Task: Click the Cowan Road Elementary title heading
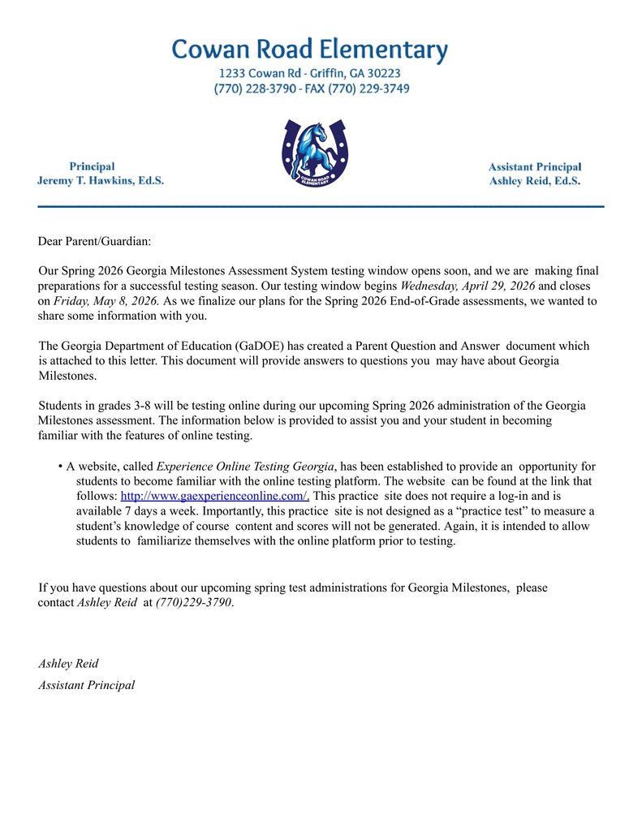[309, 50]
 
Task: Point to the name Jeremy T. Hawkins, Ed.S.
[101, 181]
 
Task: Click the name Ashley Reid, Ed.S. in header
[534, 181]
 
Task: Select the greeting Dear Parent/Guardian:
[94, 241]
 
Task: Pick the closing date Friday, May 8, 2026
[106, 301]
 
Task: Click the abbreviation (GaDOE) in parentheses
[262, 346]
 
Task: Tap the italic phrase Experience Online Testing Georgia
[245, 466]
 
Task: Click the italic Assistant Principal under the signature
[86, 685]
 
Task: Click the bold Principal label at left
[92, 166]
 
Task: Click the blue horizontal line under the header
[321, 207]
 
